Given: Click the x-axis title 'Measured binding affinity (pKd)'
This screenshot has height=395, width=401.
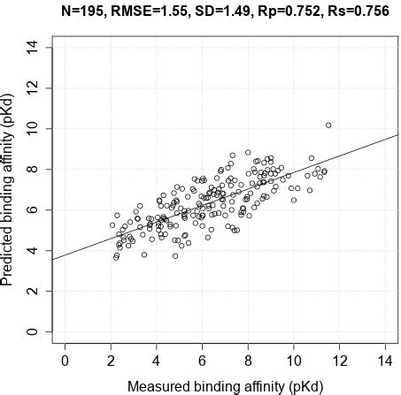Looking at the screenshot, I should [x=225, y=386].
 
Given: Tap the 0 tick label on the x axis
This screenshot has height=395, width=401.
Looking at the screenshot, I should [x=66, y=361].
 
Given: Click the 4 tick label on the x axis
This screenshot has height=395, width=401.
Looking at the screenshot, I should [x=157, y=361].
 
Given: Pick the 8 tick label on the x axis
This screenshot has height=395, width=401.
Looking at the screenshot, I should [x=248, y=361].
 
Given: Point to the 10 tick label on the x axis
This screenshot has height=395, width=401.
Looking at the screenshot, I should [x=293, y=361].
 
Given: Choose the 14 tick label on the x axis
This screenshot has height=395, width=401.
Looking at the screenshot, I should [x=384, y=361].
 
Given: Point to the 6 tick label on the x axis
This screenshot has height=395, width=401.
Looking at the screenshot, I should [x=202, y=361].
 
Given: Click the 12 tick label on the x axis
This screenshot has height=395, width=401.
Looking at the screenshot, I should [x=339, y=361].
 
